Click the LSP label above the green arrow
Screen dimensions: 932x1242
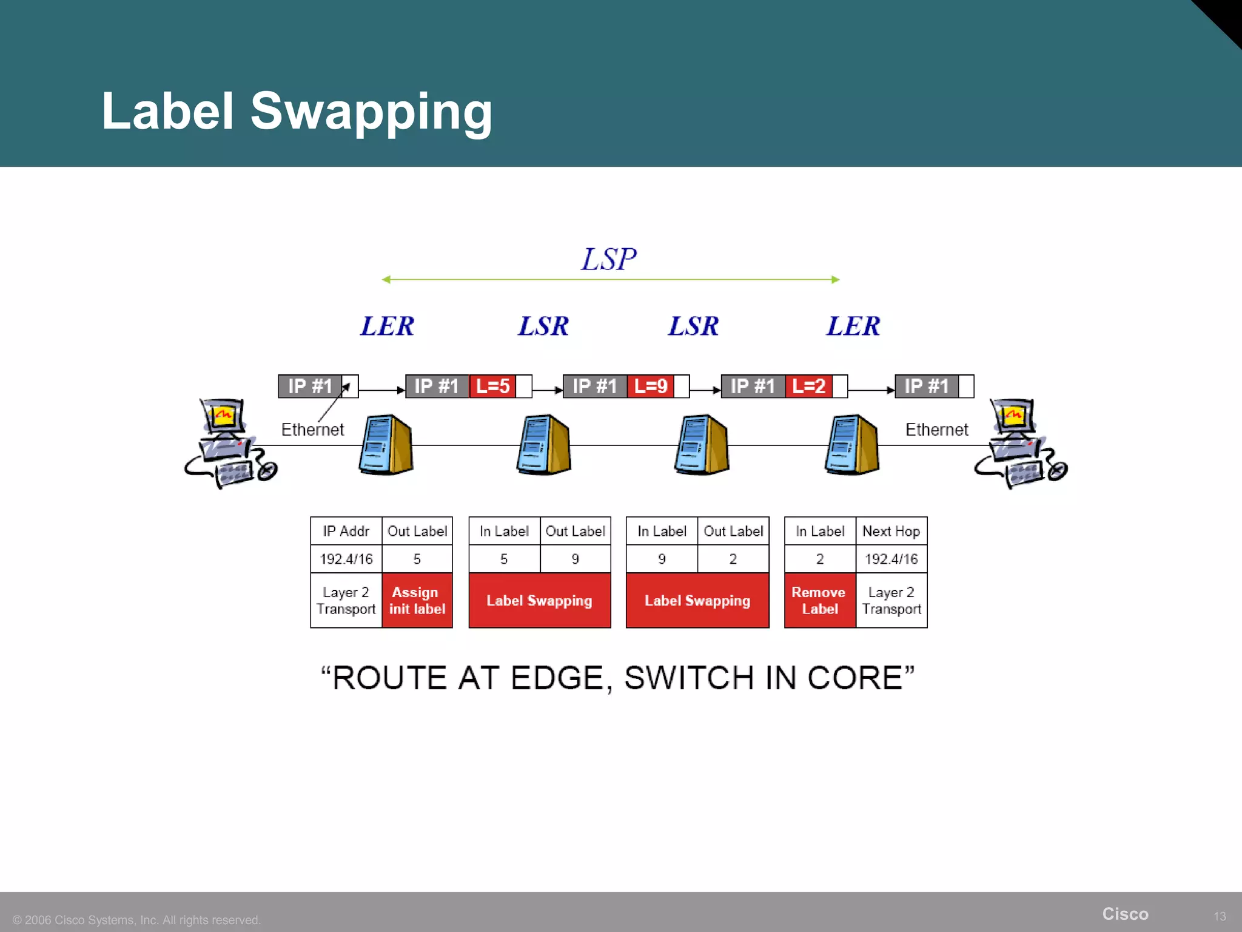pyautogui.click(x=609, y=259)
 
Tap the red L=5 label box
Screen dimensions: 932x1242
pyautogui.click(x=492, y=386)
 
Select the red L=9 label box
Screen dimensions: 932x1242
pyautogui.click(x=650, y=386)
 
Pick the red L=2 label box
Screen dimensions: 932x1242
pyautogui.click(x=808, y=386)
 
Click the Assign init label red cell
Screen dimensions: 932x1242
pyautogui.click(x=417, y=600)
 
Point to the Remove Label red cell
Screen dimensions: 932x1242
pyautogui.click(x=819, y=600)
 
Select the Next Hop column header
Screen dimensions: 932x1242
pyautogui.click(x=891, y=531)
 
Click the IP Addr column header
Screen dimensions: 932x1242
pyautogui.click(x=346, y=531)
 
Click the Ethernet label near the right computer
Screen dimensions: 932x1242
pyautogui.click(x=936, y=430)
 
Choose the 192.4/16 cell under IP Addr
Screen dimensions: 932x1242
pyautogui.click(x=346, y=559)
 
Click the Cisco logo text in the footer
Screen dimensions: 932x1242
pyautogui.click(x=1125, y=914)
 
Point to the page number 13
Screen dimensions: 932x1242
pyautogui.click(x=1220, y=916)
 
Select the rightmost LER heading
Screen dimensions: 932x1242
pyautogui.click(x=853, y=326)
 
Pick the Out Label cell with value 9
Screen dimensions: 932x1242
pyautogui.click(x=575, y=559)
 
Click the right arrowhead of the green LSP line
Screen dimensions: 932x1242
pyautogui.click(x=836, y=280)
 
